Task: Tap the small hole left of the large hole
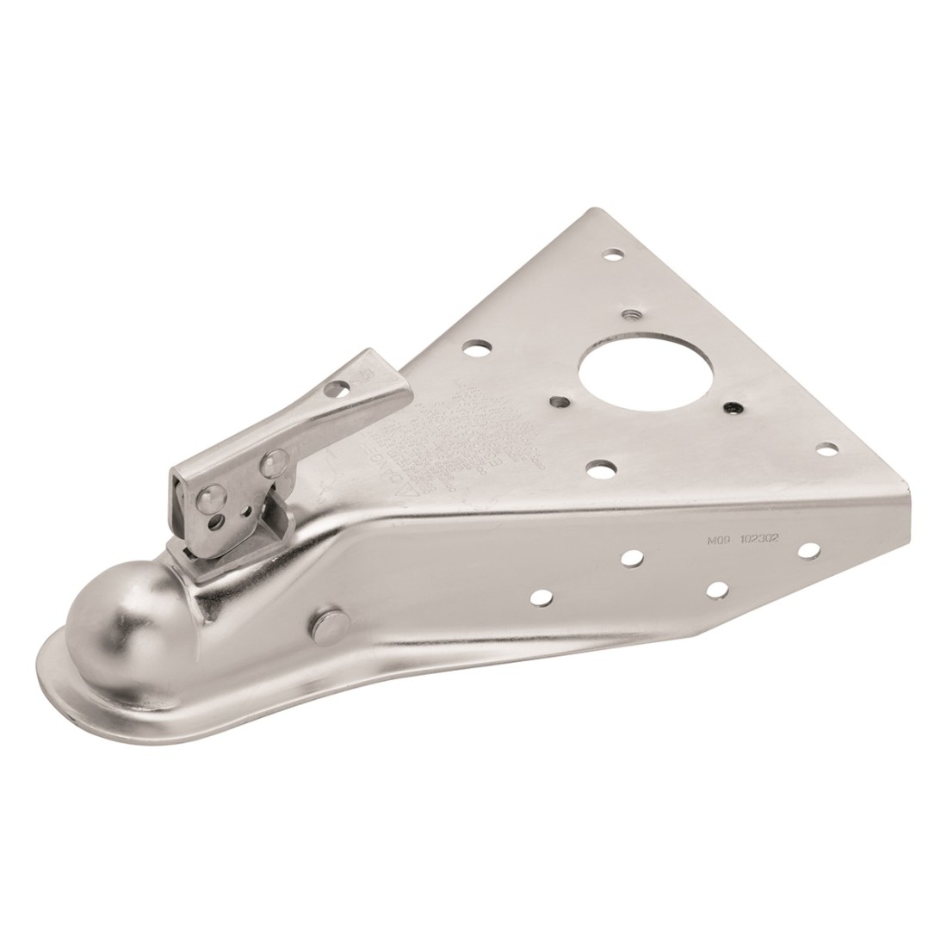click(559, 400)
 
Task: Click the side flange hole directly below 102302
click(716, 588)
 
